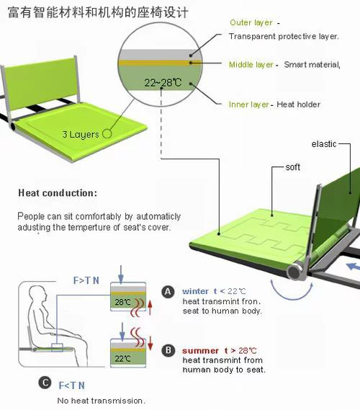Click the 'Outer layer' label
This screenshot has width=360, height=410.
(x=251, y=23)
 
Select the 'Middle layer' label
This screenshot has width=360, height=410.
(x=251, y=65)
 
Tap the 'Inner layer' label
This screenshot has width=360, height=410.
(x=248, y=104)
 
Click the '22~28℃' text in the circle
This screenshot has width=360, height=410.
(x=163, y=83)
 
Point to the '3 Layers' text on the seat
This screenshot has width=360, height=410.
(x=81, y=135)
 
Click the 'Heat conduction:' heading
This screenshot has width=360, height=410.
(x=58, y=193)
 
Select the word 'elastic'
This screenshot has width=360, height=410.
(x=324, y=144)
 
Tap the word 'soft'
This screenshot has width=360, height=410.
(x=292, y=167)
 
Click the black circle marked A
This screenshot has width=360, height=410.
(x=168, y=292)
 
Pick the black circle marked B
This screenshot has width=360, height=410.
(x=168, y=350)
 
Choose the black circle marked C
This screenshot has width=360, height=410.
(x=45, y=383)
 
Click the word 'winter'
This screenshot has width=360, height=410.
(x=195, y=291)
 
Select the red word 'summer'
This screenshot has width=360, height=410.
(x=200, y=351)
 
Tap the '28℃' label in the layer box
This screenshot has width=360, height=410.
(x=123, y=302)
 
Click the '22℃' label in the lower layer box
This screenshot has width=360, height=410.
(x=122, y=359)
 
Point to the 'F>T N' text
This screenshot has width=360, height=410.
(x=86, y=280)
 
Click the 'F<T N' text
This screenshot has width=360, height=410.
(x=71, y=386)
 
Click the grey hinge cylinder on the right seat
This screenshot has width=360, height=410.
(x=294, y=272)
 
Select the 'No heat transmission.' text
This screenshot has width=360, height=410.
(x=101, y=401)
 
